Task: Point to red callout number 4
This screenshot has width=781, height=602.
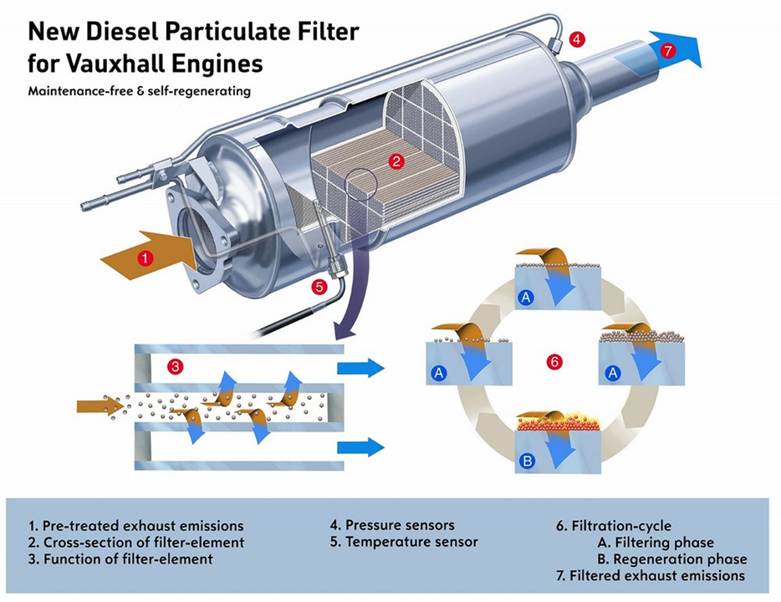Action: point(578,38)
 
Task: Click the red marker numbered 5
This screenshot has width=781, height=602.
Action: point(318,287)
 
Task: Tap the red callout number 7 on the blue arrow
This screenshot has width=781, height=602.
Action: point(666,50)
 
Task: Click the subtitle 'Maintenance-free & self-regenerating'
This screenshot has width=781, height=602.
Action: point(138,89)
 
